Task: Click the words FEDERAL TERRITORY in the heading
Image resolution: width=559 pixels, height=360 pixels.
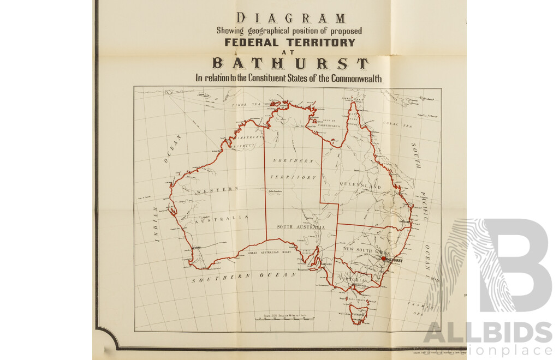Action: [x=289, y=43]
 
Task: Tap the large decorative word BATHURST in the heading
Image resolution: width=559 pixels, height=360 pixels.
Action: [x=290, y=64]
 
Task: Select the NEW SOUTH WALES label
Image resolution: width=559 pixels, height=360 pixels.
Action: [x=364, y=249]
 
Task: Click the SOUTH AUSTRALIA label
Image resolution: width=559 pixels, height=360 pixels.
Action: [x=300, y=227]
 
